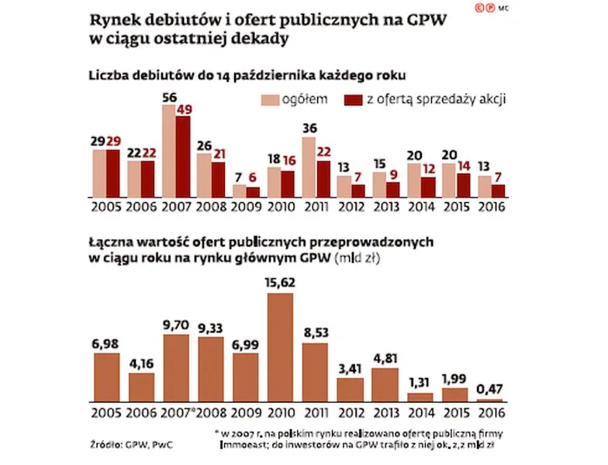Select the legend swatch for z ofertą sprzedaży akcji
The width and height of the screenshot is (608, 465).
[x=357, y=100]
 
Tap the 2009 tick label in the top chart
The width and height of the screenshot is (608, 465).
[x=246, y=208]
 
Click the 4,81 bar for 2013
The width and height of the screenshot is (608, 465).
[x=385, y=384]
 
